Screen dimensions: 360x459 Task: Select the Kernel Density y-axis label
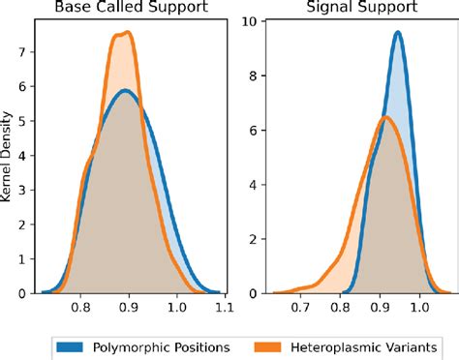9,156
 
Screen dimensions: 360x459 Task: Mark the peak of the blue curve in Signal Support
398,33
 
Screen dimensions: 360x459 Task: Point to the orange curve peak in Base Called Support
127,32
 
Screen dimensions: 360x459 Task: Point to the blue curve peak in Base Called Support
124,90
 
